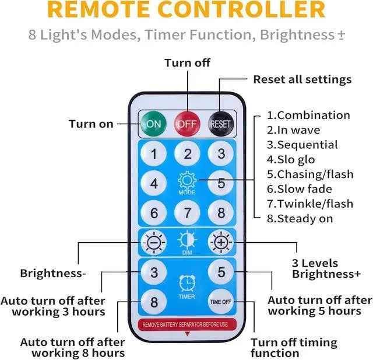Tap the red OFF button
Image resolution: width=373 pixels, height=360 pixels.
coord(188,124)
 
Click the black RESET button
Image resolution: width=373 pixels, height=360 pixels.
coord(221,124)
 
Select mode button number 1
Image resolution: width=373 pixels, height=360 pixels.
coord(154,154)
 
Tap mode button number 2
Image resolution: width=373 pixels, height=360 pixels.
coord(188,154)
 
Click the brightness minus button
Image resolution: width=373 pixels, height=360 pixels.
coord(154,241)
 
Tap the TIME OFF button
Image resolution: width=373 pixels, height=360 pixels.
coord(221,302)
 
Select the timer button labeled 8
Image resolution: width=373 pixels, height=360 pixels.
coord(154,302)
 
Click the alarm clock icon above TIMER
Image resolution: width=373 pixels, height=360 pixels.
coord(187,284)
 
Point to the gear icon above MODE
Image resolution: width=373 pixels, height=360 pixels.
coord(187,180)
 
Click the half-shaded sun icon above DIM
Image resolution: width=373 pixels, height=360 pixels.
coord(187,239)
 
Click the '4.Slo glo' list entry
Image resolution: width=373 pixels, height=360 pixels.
coord(291,159)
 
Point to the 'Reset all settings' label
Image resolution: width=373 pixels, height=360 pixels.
coord(302,79)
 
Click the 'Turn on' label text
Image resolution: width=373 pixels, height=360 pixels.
coord(91,124)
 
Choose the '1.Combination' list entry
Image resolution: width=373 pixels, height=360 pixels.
coord(308,115)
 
